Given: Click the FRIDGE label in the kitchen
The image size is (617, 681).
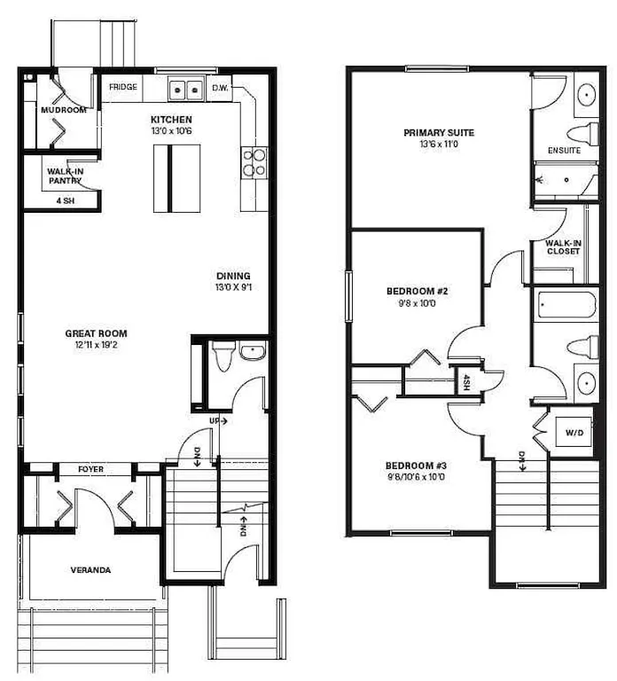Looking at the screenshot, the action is click(x=123, y=87).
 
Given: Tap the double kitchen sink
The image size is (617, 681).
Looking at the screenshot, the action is click(x=186, y=90).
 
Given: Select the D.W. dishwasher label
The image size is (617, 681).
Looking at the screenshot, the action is click(x=220, y=88).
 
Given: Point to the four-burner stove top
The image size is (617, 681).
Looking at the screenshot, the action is click(x=254, y=162).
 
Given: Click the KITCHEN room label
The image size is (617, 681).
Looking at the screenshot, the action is click(x=171, y=120).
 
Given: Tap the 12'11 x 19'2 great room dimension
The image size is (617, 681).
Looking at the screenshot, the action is click(x=96, y=345).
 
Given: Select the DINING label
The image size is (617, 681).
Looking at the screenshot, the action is click(x=233, y=276).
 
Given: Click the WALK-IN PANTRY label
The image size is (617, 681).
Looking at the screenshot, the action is click(x=65, y=176).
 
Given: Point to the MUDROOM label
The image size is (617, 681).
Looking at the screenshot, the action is click(x=64, y=110).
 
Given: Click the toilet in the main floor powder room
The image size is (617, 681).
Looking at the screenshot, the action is click(x=223, y=356).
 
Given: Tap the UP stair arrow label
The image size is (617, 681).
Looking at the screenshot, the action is click(x=218, y=421).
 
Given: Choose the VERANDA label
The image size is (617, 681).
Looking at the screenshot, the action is click(x=90, y=570).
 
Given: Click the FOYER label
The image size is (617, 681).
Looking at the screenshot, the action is click(x=90, y=469).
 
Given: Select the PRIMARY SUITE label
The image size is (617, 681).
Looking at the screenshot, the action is click(x=439, y=132).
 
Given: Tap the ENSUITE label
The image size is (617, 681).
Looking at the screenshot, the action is click(x=564, y=150).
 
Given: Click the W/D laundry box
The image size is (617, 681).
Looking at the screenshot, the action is click(x=574, y=432).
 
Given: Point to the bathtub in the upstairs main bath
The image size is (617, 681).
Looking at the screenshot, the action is click(x=567, y=305).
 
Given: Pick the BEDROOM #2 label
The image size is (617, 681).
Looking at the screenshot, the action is click(x=417, y=291).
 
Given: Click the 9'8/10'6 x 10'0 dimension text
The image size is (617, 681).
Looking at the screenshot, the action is click(x=416, y=477).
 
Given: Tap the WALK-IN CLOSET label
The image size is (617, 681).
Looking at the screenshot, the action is click(x=563, y=247).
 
